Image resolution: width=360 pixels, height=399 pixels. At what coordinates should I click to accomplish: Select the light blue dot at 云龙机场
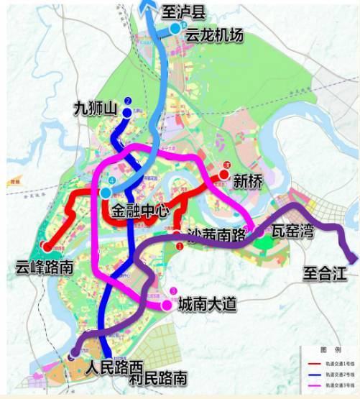(175, 28)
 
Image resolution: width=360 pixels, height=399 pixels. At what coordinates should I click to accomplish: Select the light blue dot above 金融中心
(106, 193)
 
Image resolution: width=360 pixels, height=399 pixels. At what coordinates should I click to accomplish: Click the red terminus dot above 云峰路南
(47, 246)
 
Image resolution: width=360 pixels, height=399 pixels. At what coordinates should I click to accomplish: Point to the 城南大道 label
(208, 304)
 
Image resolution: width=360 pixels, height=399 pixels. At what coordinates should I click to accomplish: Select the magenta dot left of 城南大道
(167, 305)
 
